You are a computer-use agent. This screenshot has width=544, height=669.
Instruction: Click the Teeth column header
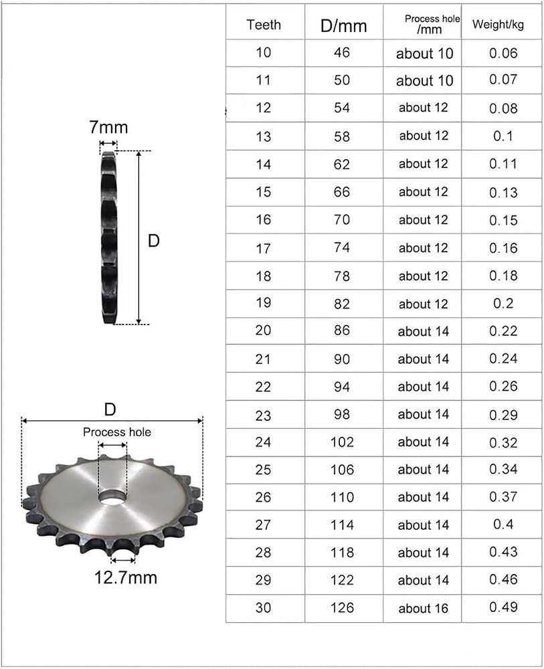(264, 25)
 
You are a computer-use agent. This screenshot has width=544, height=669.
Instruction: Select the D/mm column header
(343, 26)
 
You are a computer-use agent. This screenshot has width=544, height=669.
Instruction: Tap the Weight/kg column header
(498, 25)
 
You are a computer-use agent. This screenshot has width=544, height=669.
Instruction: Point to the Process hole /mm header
(432, 24)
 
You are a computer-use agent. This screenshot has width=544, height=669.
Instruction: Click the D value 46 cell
(342, 53)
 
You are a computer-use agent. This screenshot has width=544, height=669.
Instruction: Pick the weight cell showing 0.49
(503, 607)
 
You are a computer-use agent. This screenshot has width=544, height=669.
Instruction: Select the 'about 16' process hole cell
(424, 608)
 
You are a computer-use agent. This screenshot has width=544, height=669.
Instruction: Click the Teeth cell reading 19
(263, 302)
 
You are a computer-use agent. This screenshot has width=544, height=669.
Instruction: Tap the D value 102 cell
(342, 442)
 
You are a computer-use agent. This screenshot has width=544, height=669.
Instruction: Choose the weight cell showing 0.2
(503, 303)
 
